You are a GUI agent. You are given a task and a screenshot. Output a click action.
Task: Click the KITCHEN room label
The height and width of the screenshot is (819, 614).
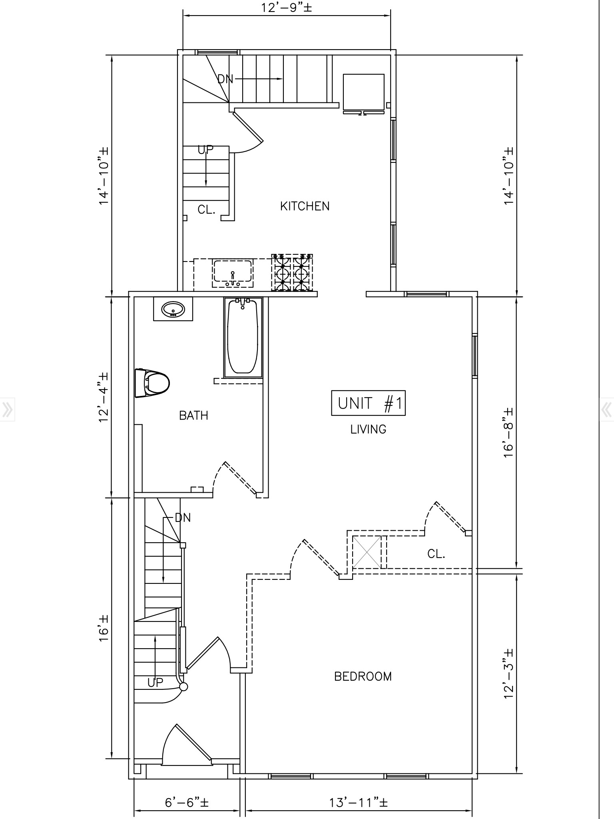pos(305,206)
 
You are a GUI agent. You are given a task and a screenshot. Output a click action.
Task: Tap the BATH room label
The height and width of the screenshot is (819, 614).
pos(193,416)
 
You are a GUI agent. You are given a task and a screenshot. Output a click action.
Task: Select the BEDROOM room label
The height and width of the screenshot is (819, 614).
pos(363,677)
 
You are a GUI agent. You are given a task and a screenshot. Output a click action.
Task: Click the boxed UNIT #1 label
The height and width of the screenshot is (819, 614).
pos(368,403)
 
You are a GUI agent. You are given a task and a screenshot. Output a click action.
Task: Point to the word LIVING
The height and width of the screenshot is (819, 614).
pos(368,429)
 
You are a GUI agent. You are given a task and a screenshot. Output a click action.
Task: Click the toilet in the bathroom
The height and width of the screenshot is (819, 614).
pos(153,383)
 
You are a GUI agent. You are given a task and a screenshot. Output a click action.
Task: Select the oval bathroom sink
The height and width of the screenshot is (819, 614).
pos(173,309)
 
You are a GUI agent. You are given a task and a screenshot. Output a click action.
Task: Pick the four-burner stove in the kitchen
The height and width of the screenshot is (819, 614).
pos(292,272)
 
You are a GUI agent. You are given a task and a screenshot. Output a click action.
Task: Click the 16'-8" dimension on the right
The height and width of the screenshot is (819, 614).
pos(508,433)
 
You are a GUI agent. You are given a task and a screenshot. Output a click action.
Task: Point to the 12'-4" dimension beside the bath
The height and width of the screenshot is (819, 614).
pos(104,397)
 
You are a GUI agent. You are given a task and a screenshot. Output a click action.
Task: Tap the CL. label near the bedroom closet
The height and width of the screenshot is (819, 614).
pos(436,554)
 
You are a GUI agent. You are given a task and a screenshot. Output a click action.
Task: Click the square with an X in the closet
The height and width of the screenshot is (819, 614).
pos(366,552)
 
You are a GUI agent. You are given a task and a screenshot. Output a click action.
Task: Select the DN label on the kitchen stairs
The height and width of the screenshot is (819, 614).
pos(225,79)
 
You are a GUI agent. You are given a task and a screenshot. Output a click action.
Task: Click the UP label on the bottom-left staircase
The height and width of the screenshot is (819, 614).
pos(155,683)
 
